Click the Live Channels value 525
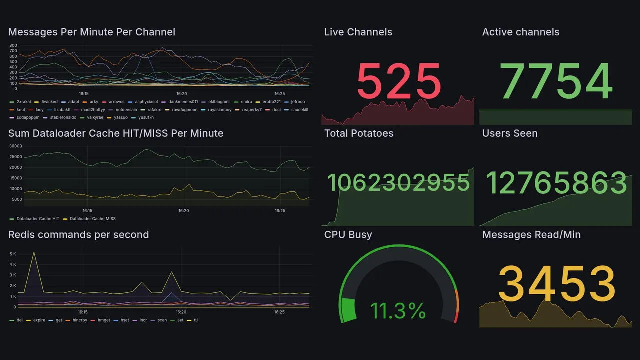coord(399,81)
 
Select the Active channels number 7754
coord(556,81)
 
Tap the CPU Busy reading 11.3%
coord(398,311)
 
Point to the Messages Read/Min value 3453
coord(556,284)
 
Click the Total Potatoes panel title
coord(359,133)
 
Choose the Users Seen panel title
coord(510,133)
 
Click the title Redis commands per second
coord(78,235)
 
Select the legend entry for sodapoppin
coord(28,118)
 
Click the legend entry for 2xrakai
coord(23,102)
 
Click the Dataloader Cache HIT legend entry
coord(37,219)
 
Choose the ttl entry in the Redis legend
coord(196,320)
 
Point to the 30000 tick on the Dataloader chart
coord(15,146)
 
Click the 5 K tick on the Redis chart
coord(13,254)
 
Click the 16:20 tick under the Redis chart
coord(181,312)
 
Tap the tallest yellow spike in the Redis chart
coord(34,252)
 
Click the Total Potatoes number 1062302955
coord(398,183)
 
